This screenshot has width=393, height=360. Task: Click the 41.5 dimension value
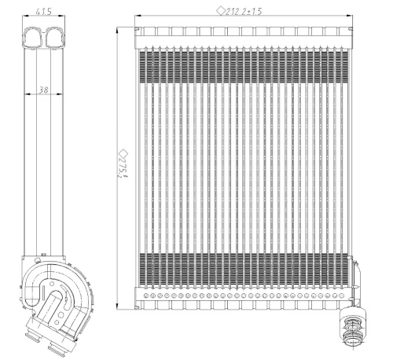pyautogui.click(x=44, y=12)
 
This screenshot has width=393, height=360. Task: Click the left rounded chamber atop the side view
pyautogui.click(x=35, y=35)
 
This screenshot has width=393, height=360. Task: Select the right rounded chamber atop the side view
pyautogui.click(x=53, y=35)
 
